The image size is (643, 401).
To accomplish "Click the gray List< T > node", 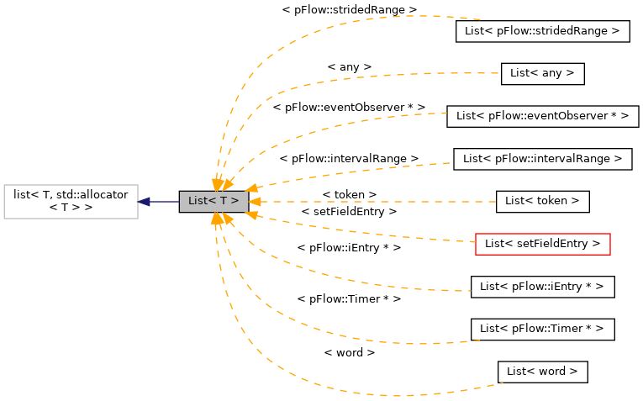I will (213, 202).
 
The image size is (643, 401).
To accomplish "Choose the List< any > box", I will (542, 73).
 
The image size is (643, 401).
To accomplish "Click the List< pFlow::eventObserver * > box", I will (542, 116).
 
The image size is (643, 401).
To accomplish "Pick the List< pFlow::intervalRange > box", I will (542, 158).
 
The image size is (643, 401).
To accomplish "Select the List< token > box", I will (542, 202).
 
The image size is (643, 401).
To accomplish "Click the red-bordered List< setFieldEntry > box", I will (542, 244).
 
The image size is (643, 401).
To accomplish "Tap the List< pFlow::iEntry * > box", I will (542, 287).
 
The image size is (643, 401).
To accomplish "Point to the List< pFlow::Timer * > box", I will (542, 329).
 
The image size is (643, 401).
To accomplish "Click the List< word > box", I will (542, 372).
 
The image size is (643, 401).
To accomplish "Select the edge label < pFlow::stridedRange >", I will (349, 9).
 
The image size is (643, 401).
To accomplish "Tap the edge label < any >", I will (349, 66).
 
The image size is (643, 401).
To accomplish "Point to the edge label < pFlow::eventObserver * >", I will (349, 108).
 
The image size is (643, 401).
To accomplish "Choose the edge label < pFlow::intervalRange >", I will (349, 158).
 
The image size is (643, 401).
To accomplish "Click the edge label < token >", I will (349, 194).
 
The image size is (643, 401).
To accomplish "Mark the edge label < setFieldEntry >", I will (349, 212).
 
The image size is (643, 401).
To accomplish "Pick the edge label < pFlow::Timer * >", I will (349, 298).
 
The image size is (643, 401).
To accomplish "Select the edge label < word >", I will (349, 352).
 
